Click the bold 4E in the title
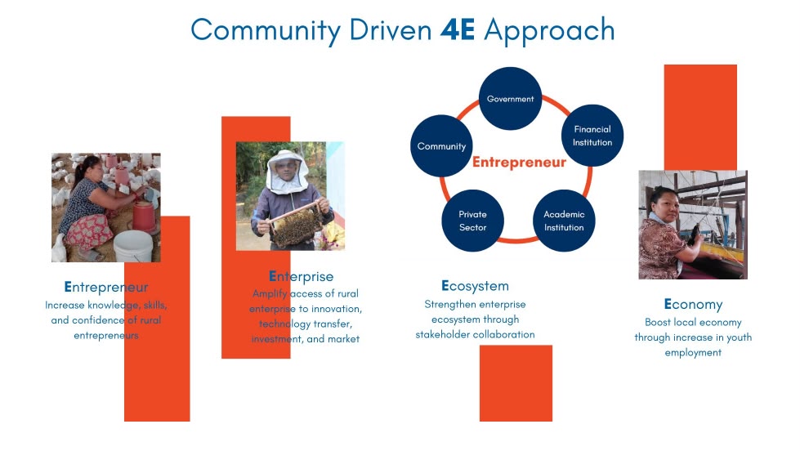point(458,29)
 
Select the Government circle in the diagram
point(510,99)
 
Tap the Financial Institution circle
point(592,136)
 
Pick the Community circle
point(441,146)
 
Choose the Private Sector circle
point(472,221)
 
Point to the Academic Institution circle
point(564,221)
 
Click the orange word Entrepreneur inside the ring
point(519,163)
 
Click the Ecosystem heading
point(475,286)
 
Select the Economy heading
point(693,304)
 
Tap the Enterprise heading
point(301,276)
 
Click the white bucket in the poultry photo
point(133,247)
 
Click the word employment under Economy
point(693,352)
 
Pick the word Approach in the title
point(549,30)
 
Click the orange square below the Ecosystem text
point(516,383)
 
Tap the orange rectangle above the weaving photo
point(700,118)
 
